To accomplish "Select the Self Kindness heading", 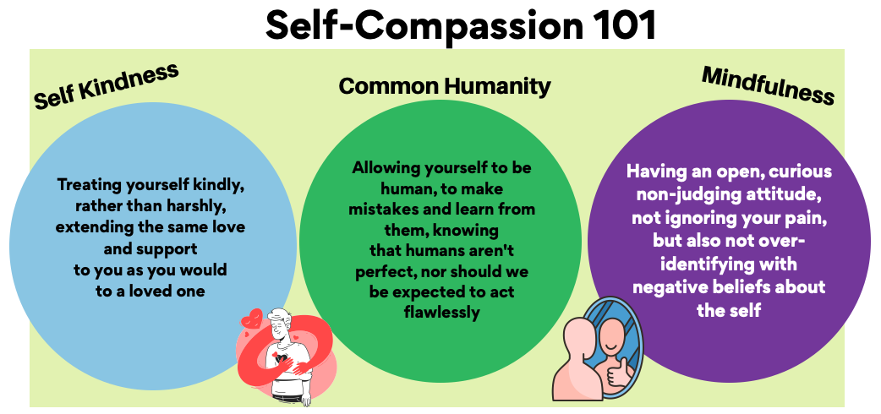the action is (x=107, y=85).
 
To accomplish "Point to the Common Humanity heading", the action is (x=445, y=86).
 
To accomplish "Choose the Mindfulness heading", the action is (x=768, y=85).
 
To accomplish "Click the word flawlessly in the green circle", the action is (x=441, y=313).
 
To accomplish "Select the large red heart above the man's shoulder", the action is (x=251, y=319).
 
